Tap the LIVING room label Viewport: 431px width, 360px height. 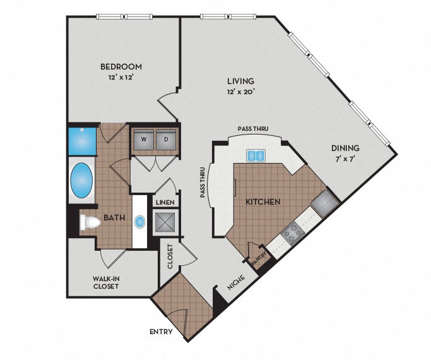pyautogui.click(x=240, y=81)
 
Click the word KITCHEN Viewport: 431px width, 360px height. pyautogui.click(x=263, y=201)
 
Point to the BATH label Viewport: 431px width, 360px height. pyautogui.click(x=114, y=219)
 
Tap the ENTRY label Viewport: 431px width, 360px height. pyautogui.click(x=162, y=332)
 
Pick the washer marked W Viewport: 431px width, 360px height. pyautogui.click(x=143, y=139)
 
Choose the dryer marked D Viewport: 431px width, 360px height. pyautogui.click(x=166, y=139)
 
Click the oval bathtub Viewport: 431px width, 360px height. pyautogui.click(x=81, y=182)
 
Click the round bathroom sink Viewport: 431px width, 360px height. pyautogui.click(x=139, y=222)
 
